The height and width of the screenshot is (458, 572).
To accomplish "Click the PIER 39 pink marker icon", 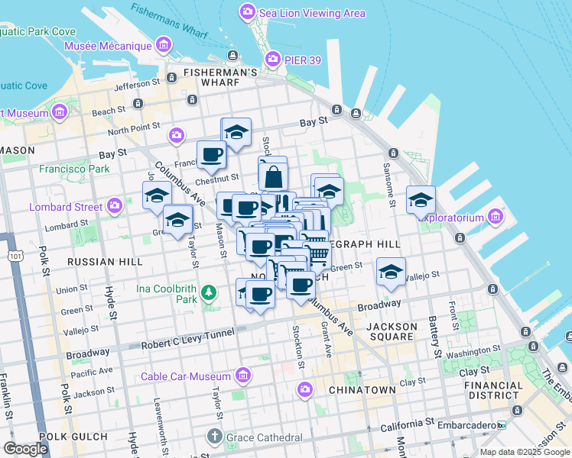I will (272, 59).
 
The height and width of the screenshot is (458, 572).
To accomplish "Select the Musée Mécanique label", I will (109, 46).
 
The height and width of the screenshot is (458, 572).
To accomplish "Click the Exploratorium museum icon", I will (496, 218).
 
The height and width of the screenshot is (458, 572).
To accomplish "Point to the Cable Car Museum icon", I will (243, 376).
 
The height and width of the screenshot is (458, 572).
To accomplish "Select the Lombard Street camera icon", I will (115, 206).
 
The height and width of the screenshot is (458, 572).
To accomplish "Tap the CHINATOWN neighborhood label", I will (362, 390).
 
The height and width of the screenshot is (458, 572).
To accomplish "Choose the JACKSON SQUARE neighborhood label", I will (392, 333).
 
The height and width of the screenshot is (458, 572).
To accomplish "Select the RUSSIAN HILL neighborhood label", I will (105, 262).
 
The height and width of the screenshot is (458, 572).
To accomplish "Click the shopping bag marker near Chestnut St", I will (273, 176).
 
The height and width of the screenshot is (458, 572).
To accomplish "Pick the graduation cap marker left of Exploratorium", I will (420, 201).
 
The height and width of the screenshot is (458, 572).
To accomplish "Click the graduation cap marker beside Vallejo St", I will (391, 273).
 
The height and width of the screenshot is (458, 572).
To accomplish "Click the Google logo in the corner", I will (25, 449).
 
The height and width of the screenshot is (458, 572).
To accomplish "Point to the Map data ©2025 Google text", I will (524, 452).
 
